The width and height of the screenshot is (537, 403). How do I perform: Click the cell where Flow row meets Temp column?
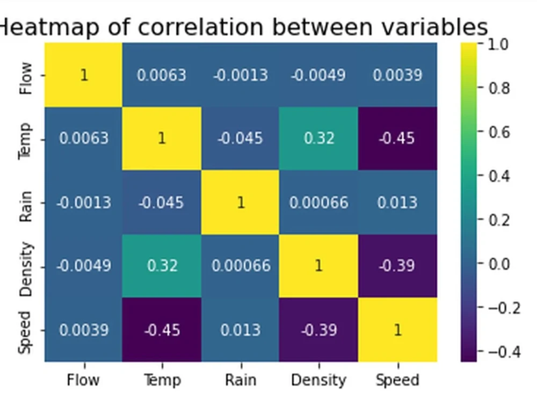click(x=162, y=75)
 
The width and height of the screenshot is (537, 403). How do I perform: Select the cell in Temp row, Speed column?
click(x=397, y=139)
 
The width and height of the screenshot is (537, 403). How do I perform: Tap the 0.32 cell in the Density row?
click(x=162, y=266)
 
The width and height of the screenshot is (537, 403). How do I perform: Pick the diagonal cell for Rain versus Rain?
click(x=240, y=203)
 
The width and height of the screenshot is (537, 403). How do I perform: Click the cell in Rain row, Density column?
click(x=318, y=203)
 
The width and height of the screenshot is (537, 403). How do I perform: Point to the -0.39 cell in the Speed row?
click(x=318, y=330)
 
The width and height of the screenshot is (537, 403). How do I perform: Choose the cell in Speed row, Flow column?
click(x=83, y=330)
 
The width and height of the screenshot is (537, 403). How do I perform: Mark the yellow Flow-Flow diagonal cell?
click(x=83, y=75)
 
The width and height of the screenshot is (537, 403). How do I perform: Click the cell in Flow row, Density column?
click(x=318, y=75)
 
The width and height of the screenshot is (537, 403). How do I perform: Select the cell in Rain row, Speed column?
click(x=397, y=203)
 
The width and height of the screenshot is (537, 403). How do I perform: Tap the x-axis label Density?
click(x=318, y=380)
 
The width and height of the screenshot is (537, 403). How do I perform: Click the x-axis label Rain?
click(x=240, y=380)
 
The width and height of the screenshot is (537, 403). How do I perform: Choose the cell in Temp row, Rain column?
click(x=240, y=139)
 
